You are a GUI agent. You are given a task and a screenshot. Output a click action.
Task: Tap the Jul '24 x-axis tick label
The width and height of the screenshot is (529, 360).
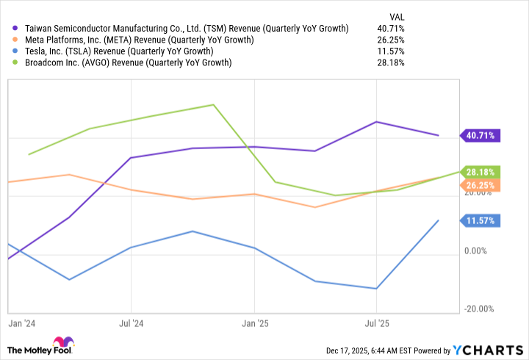(x=131, y=323)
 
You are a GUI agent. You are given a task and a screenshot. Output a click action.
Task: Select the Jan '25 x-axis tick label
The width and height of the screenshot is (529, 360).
(x=254, y=323)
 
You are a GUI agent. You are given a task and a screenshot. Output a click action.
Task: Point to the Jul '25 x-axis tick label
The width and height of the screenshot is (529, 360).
(x=376, y=323)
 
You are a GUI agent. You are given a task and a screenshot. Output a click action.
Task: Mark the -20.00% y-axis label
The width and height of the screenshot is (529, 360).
(x=478, y=309)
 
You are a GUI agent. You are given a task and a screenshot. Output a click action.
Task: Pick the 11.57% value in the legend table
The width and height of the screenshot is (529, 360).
(x=394, y=51)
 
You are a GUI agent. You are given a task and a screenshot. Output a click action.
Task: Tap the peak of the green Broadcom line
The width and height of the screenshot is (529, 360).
(x=213, y=104)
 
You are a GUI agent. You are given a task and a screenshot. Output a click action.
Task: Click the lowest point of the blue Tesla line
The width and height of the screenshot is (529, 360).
(x=377, y=289)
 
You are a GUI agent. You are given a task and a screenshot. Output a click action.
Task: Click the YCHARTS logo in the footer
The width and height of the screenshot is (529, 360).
(x=490, y=350)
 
